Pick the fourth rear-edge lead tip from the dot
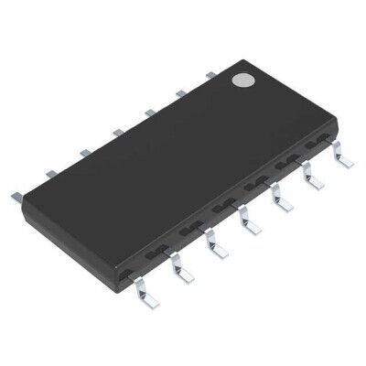[x=115, y=132]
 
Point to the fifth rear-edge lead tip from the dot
[x=82, y=152]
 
